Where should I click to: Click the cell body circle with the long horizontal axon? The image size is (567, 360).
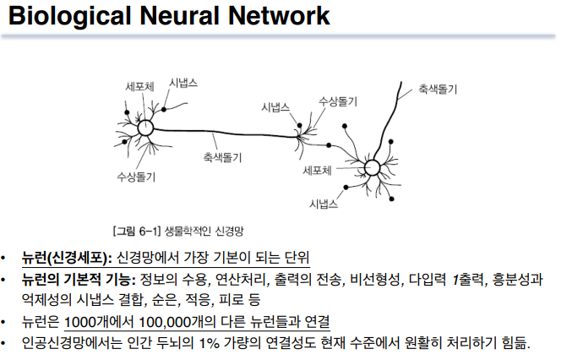(144, 128)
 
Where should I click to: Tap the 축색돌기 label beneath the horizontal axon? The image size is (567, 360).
(222, 157)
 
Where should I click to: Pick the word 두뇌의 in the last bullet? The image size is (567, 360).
(167, 343)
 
